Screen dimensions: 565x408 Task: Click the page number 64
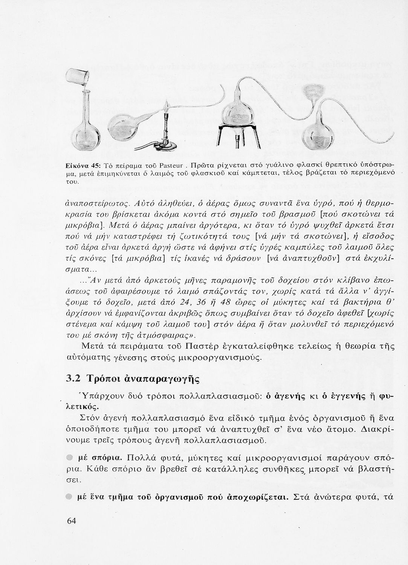[x=72, y=521]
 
